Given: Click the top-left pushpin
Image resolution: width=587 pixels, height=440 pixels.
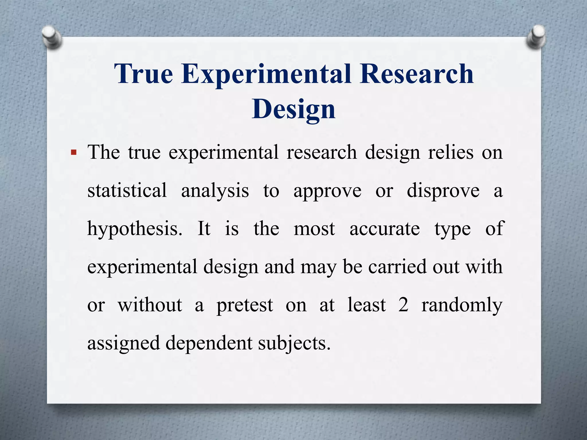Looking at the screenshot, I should (x=52, y=37).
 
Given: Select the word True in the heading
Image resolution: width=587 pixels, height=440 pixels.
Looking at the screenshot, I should (x=144, y=74).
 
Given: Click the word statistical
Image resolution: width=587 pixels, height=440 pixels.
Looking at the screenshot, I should (x=127, y=190).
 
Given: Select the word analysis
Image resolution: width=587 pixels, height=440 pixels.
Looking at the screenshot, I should (x=215, y=190).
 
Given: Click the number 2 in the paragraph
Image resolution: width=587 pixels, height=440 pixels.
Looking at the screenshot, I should (x=403, y=305).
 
